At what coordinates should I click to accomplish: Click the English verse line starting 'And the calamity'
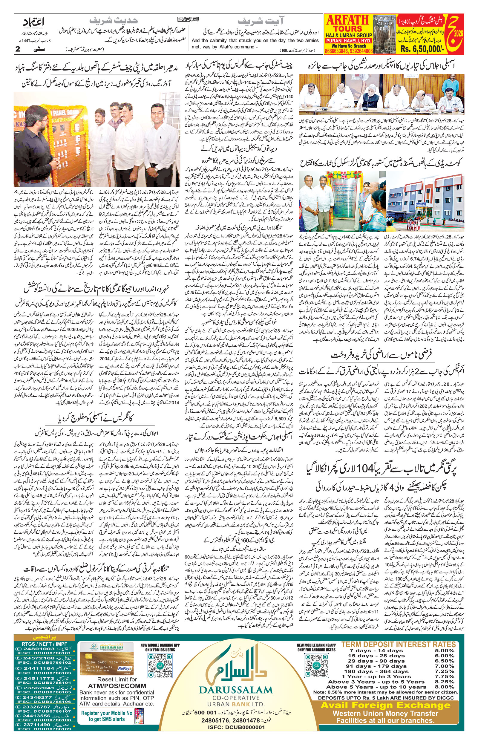pyautogui.click(x=255, y=41)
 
